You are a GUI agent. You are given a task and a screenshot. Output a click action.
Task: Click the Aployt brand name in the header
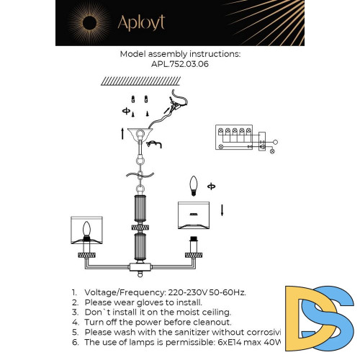(x=142, y=22)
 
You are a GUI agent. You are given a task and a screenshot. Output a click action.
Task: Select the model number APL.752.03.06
(x=180, y=63)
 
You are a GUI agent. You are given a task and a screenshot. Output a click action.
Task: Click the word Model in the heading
(x=133, y=54)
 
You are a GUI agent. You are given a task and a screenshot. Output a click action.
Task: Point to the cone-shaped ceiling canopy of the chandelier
(x=141, y=135)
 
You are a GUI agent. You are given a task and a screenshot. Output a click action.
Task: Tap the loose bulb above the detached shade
(x=193, y=188)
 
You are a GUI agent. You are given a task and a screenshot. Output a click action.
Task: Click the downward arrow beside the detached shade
(x=222, y=210)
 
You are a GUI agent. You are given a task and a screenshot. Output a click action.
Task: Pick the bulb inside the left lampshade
(x=89, y=230)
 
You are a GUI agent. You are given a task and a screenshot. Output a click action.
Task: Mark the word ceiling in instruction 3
(x=214, y=312)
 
